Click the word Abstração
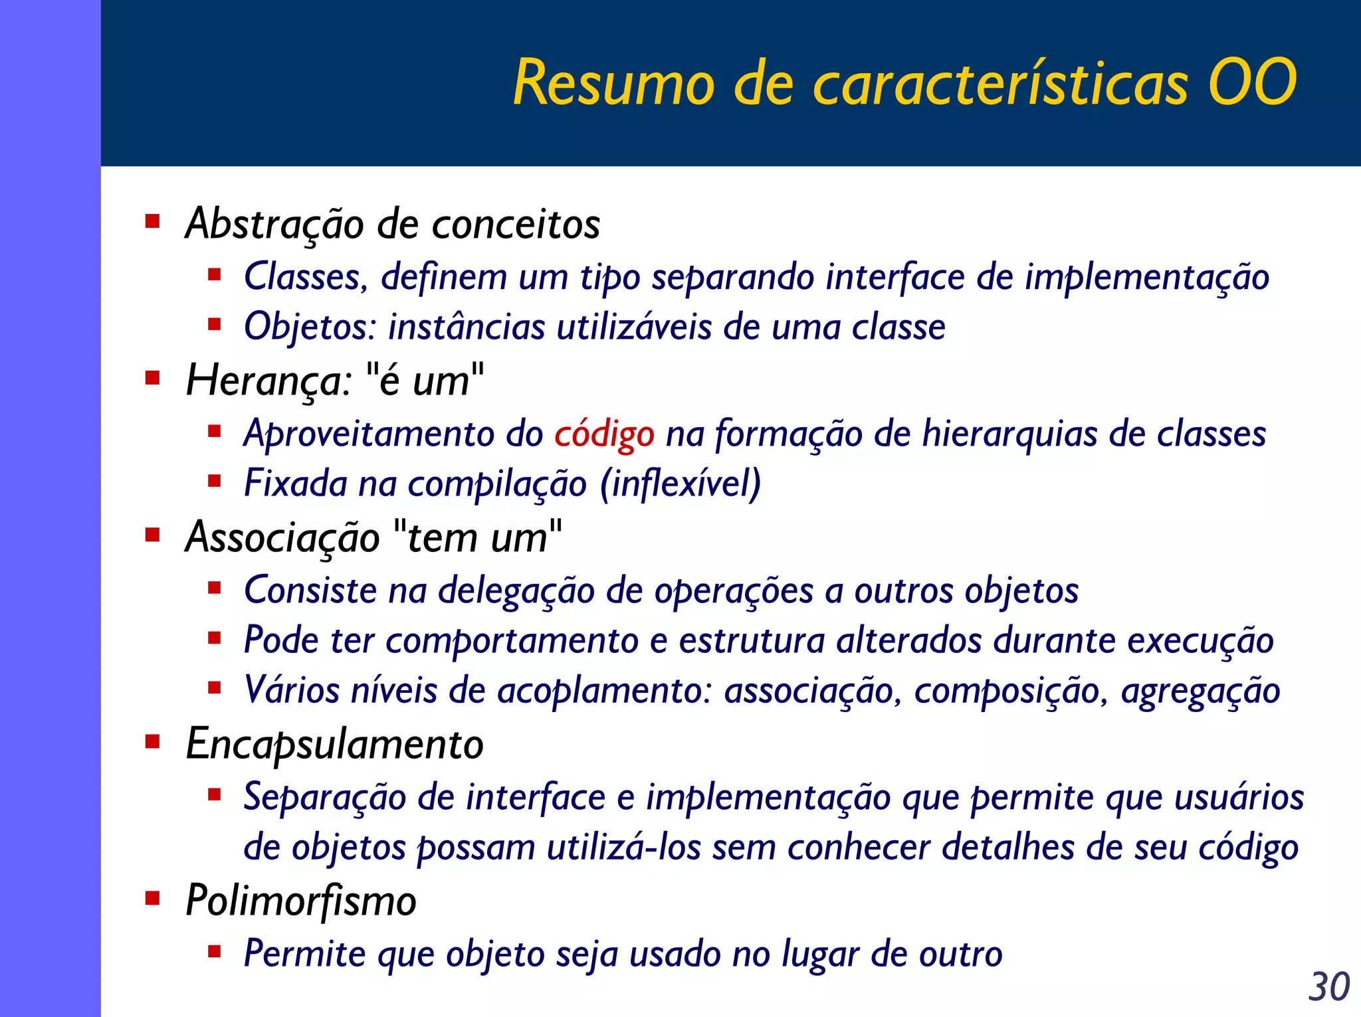(274, 224)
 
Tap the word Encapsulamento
(334, 744)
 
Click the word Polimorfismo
(301, 901)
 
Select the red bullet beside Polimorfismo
(153, 899)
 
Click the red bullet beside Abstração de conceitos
(153, 221)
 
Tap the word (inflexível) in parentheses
(680, 484)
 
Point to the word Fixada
(296, 483)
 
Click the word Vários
(292, 690)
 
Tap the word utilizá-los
(623, 848)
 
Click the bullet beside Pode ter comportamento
(214, 638)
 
